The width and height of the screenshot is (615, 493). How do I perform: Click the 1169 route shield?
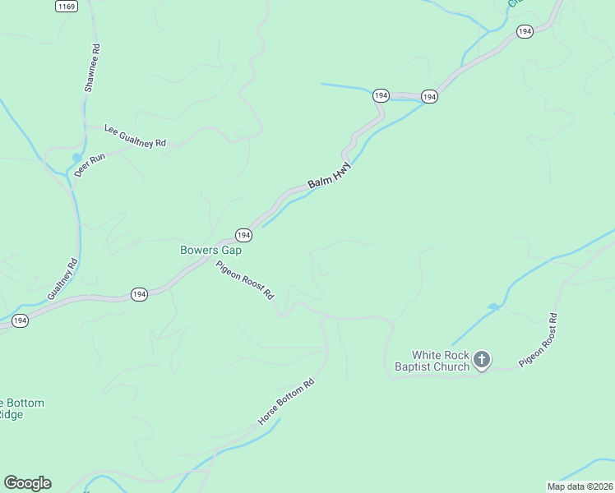pos(67,6)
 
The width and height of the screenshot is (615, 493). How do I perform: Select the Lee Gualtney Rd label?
pos(136,136)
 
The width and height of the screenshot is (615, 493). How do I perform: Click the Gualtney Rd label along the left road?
pos(62,279)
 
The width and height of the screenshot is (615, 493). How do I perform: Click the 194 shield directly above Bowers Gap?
pos(243,235)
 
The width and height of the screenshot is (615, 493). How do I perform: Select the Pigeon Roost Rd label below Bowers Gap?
pos(244,280)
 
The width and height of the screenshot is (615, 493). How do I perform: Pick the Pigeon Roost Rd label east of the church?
pos(539,339)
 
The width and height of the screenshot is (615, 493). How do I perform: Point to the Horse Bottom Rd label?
pos(286,401)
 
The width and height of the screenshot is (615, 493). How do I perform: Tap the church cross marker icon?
pos(482,359)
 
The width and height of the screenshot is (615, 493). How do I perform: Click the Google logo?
pos(27,483)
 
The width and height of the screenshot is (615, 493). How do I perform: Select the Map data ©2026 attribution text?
pos(579,486)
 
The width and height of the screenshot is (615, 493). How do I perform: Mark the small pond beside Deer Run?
pos(76,158)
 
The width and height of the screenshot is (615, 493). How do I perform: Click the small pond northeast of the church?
pos(492,307)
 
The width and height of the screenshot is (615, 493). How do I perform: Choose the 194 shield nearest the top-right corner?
pos(525,31)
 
